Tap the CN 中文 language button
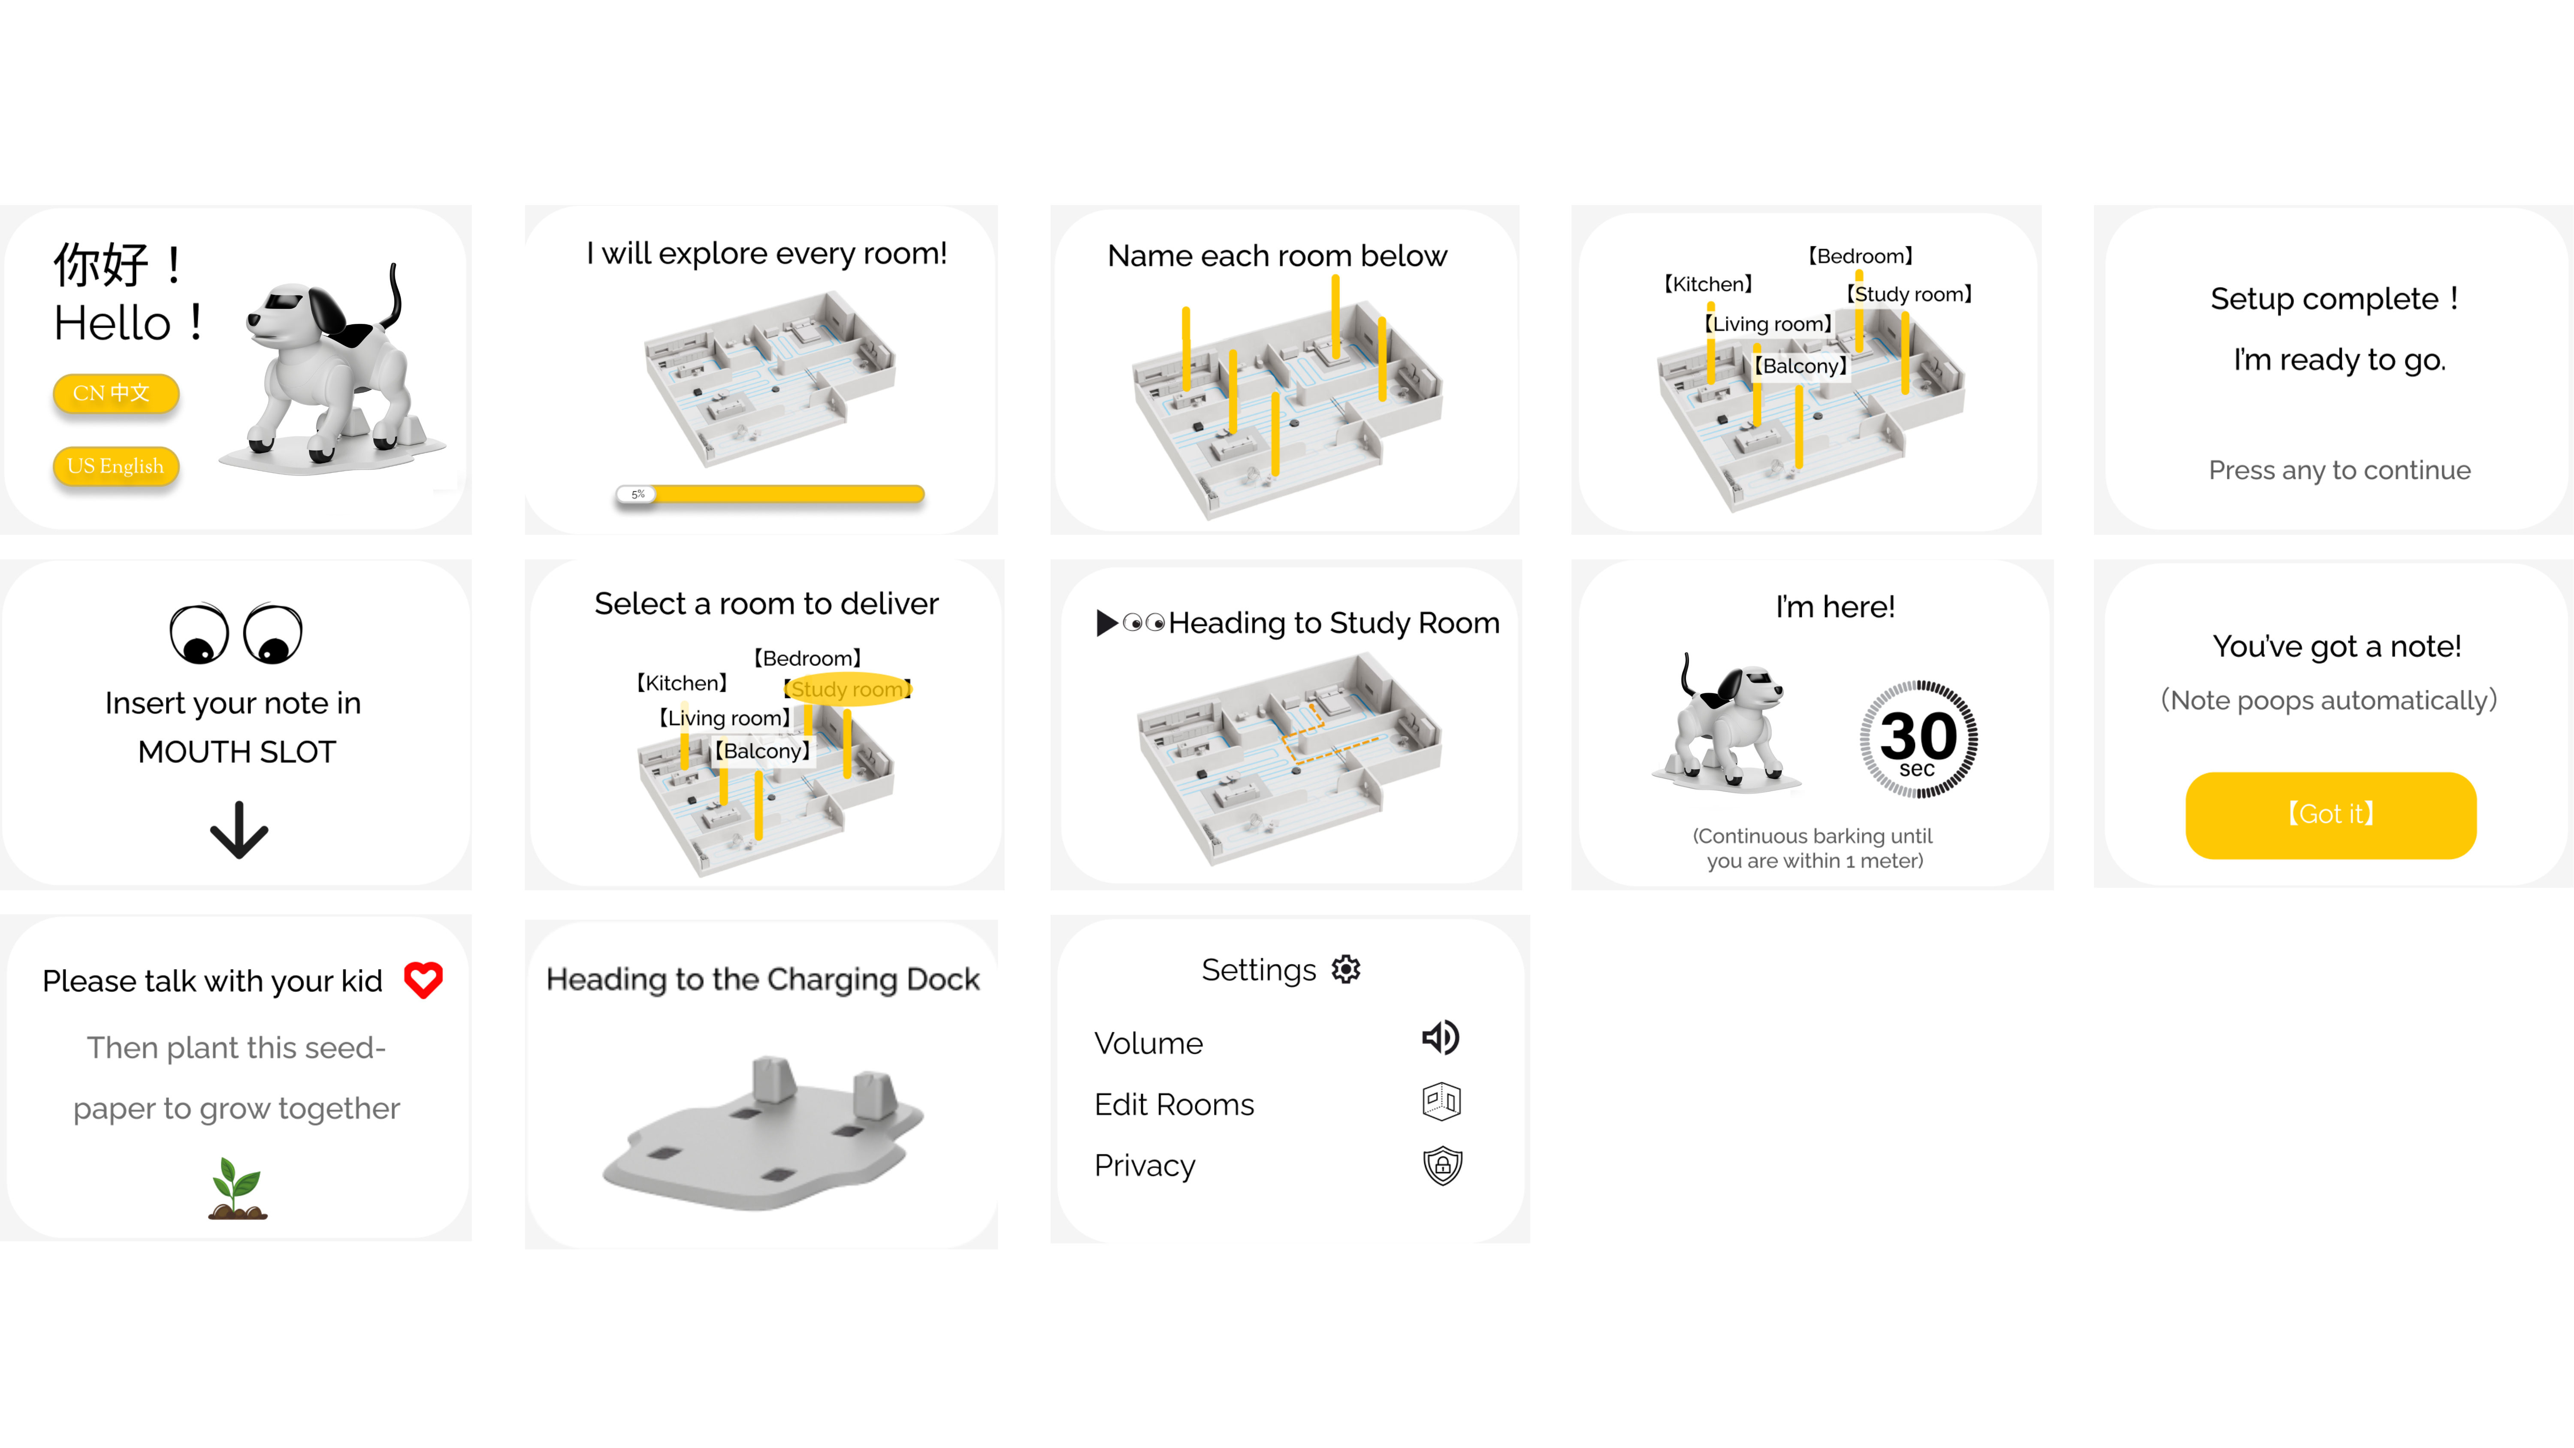[x=116, y=393]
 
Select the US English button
[x=116, y=466]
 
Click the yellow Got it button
[x=2330, y=814]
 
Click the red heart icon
[x=423, y=979]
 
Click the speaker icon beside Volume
[x=1441, y=1037]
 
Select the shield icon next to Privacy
[x=1442, y=1165]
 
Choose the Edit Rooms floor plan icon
[x=1441, y=1101]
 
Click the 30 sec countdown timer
[x=1918, y=740]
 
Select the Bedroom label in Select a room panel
[x=807, y=658]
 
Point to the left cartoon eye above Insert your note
[x=199, y=634]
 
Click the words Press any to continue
[x=2339, y=471]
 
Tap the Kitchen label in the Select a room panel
[x=683, y=683]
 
